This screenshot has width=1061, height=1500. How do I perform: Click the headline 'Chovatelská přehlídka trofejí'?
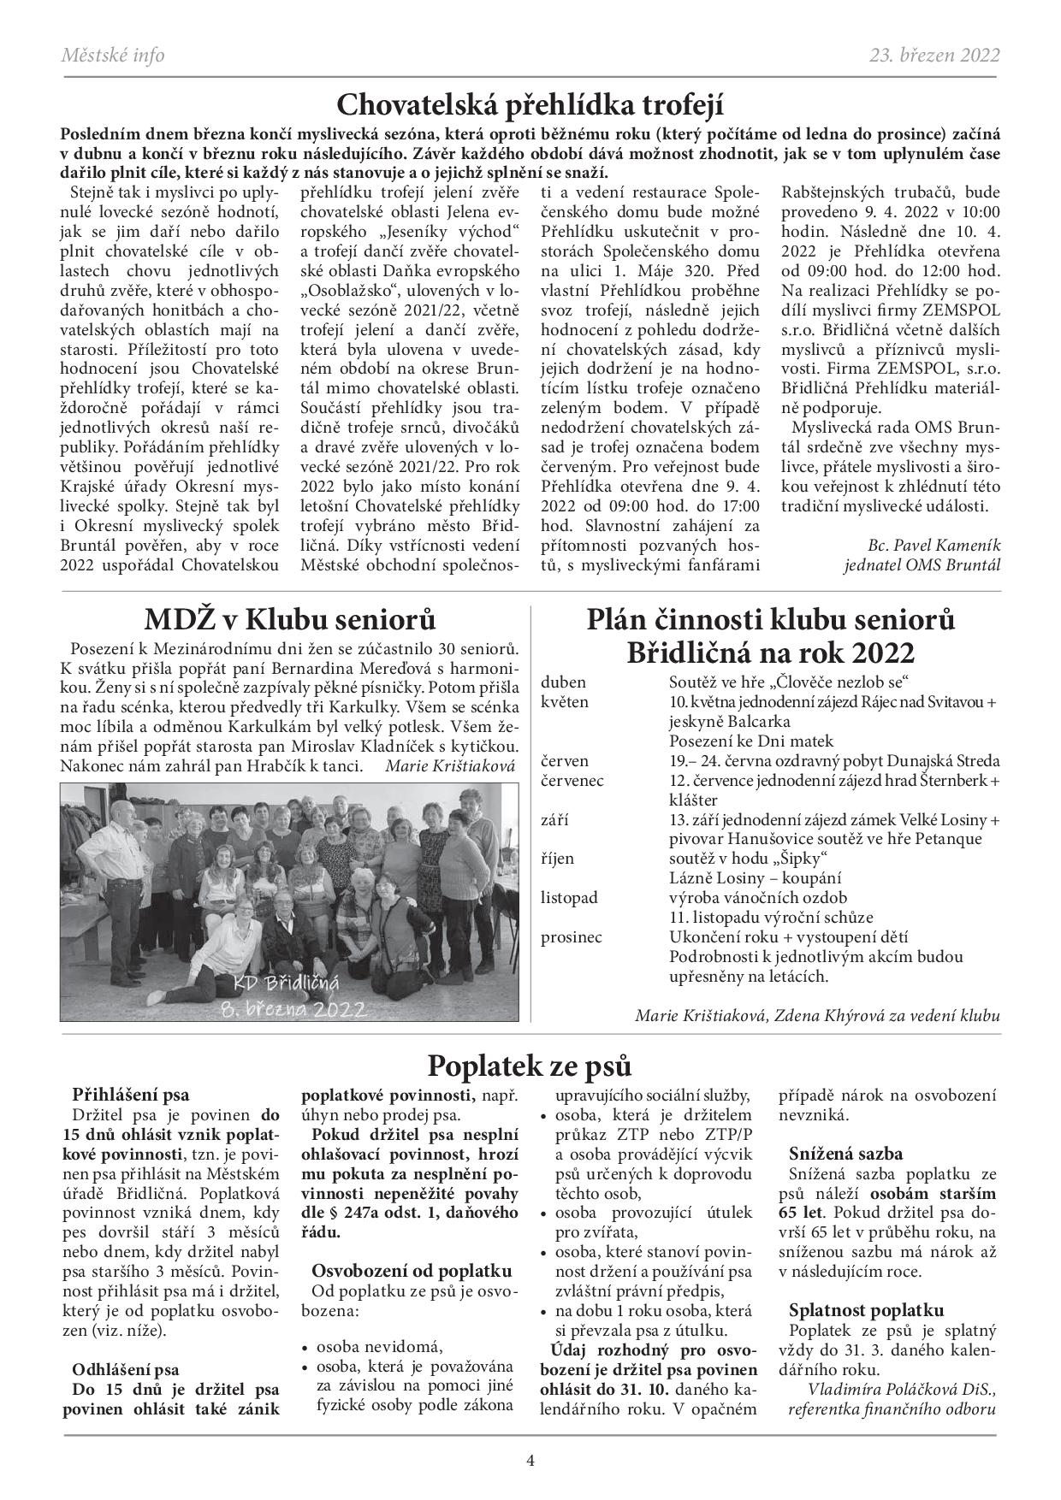[x=530, y=106]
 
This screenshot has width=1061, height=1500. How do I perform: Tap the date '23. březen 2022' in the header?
[x=934, y=56]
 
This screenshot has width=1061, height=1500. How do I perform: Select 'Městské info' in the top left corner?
[x=113, y=56]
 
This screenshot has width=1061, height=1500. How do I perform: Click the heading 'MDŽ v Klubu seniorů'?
[x=289, y=619]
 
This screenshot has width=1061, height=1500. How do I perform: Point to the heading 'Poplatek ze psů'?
[x=530, y=1066]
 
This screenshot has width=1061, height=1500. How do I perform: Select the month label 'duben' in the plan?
[x=564, y=682]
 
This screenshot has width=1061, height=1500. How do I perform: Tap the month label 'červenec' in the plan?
[x=572, y=781]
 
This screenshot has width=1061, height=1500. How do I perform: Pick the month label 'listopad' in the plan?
[x=569, y=898]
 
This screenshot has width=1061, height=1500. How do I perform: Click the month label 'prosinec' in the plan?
[x=572, y=937]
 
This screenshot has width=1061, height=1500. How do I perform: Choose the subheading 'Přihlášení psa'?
[x=131, y=1095]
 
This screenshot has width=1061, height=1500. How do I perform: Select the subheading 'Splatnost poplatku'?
[x=866, y=1310]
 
